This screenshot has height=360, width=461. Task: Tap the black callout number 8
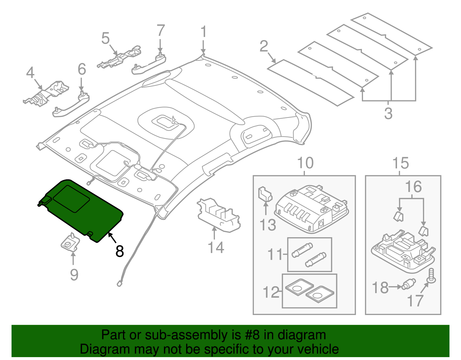point(120,251)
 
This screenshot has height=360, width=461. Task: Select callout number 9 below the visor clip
point(74,275)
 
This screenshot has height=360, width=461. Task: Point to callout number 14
point(216,248)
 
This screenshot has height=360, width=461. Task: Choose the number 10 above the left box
point(305,163)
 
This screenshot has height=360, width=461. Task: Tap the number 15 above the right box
point(400,163)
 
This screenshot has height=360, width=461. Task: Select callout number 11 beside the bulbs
point(275,255)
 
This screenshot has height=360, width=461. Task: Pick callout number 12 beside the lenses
point(271,292)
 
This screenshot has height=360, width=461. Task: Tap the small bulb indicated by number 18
point(409,284)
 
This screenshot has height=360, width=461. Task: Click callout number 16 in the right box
point(413,187)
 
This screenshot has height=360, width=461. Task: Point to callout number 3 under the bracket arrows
point(388,113)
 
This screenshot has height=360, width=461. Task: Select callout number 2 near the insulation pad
point(264,46)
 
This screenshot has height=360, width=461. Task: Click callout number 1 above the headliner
point(203,32)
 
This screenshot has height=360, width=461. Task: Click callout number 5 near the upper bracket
point(106,38)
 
